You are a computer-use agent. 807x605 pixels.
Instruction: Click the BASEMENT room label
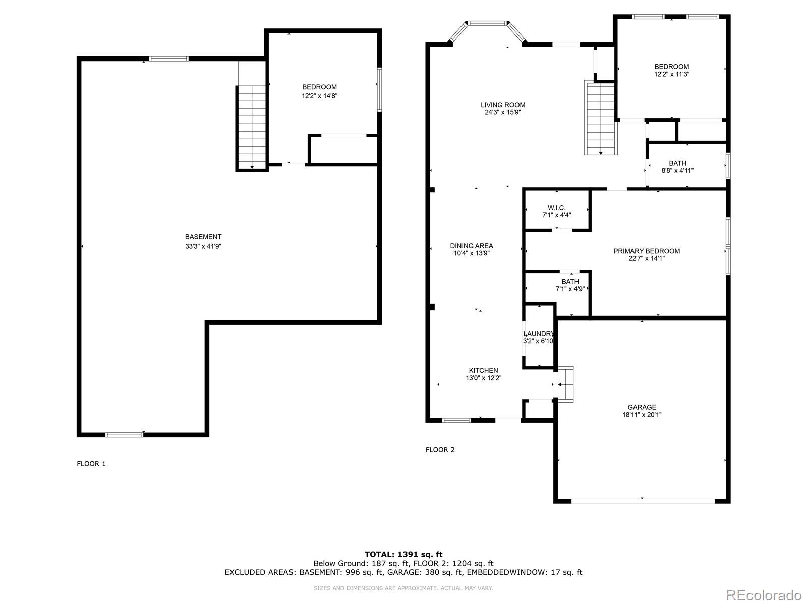pos(203,237)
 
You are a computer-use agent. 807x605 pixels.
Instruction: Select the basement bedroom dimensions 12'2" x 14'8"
pos(319,96)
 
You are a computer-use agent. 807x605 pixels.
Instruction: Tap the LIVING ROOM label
pos(502,105)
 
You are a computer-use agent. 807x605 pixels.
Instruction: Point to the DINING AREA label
pos(471,246)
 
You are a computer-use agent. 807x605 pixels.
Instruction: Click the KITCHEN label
pos(484,370)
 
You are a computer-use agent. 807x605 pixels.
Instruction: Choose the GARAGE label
pos(642,407)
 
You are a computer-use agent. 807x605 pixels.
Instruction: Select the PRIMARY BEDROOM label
pos(647,251)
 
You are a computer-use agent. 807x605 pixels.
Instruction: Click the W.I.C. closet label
pos(557,208)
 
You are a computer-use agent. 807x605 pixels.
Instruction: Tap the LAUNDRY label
pos(539,334)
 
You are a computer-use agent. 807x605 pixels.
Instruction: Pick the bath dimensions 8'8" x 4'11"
pos(677,171)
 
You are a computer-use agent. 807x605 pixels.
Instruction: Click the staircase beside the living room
pos(601,117)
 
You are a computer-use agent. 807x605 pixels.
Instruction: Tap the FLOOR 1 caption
pos(91,464)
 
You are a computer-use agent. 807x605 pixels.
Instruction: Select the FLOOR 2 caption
pos(440,450)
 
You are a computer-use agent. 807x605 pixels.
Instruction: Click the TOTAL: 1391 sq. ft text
pos(403,554)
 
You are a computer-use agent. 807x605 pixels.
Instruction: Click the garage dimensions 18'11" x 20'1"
pos(642,415)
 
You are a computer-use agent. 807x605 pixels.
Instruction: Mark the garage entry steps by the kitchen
pos(565,384)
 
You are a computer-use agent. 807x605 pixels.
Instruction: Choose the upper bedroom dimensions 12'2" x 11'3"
pos(672,74)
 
